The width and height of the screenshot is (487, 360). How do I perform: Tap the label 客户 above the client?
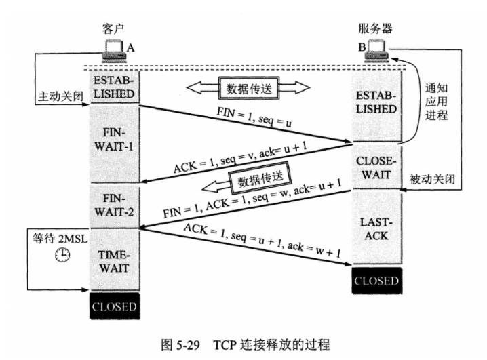pyautogui.click(x=113, y=28)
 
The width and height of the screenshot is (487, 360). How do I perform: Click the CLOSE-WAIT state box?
pyautogui.click(x=375, y=167)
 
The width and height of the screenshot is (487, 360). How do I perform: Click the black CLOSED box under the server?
pyautogui.click(x=375, y=279)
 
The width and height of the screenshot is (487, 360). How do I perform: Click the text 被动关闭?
pyautogui.click(x=431, y=181)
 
